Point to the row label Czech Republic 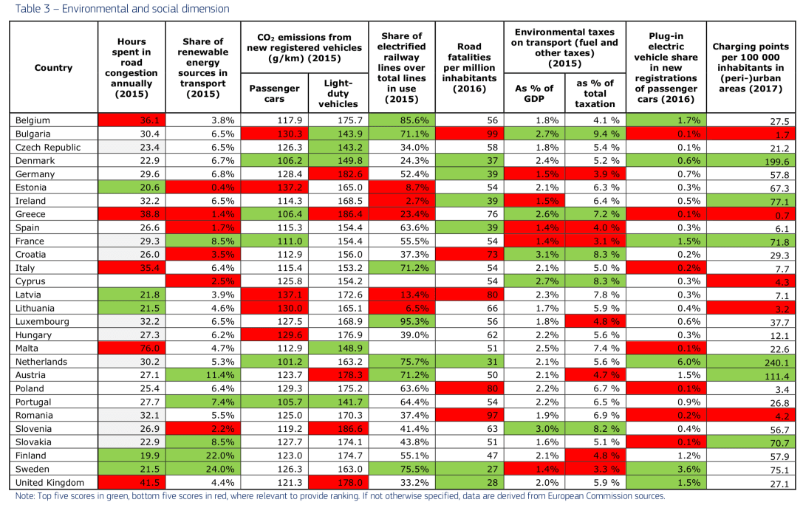click(x=45, y=147)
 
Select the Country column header click(x=53, y=68)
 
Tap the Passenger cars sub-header click(x=274, y=93)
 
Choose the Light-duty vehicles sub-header click(x=338, y=94)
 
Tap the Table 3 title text click(x=118, y=9)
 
